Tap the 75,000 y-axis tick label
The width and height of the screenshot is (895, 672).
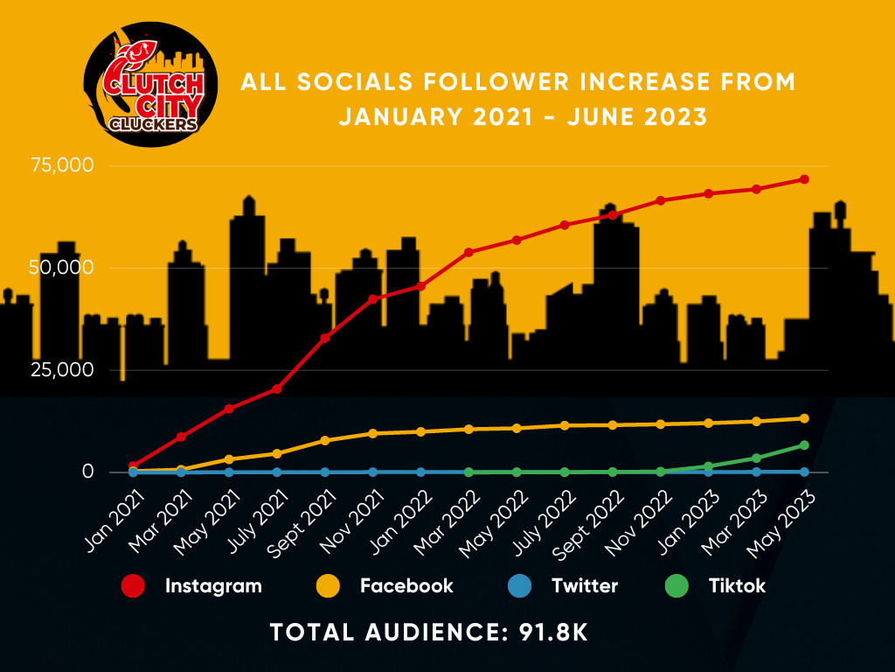tap(64, 165)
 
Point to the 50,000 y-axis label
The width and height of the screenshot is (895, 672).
tap(64, 268)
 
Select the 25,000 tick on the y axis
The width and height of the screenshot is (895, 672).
tap(64, 370)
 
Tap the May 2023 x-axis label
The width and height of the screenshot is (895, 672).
tap(785, 518)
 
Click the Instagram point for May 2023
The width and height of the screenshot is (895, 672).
tap(804, 179)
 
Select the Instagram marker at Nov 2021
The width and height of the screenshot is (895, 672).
tap(373, 299)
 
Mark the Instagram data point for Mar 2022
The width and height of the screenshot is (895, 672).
tap(468, 252)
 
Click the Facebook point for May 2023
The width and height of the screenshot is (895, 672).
tap(804, 418)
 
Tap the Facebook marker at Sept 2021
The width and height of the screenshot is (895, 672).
tap(325, 440)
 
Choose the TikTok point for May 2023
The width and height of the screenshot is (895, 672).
tap(804, 445)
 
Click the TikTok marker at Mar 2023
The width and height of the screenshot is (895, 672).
tap(756, 458)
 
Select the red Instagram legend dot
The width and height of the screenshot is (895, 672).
tap(133, 586)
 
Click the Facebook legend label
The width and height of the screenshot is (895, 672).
tap(406, 586)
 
